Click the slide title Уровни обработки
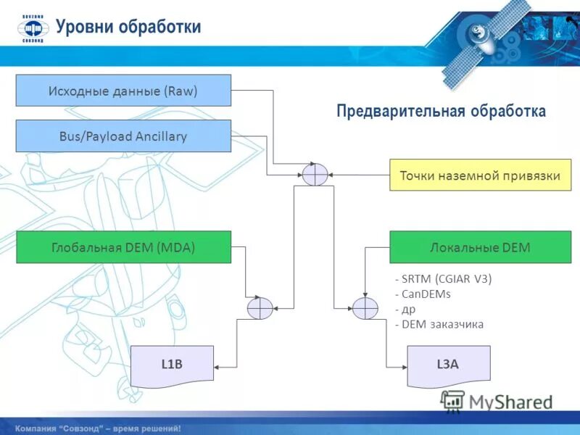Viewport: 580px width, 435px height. (x=128, y=27)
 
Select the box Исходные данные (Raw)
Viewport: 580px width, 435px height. (x=123, y=91)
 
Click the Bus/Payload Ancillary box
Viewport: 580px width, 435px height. (x=123, y=136)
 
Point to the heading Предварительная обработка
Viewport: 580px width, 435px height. (x=441, y=111)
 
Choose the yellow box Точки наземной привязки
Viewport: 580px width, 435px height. (x=480, y=175)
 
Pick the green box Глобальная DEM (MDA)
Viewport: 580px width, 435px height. (x=123, y=247)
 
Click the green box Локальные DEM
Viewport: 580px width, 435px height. (x=480, y=247)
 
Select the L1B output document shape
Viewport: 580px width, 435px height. (x=172, y=364)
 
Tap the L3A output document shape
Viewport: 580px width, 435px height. (x=448, y=365)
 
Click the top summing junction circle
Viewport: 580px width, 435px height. (x=315, y=175)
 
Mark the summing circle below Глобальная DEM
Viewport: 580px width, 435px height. (x=260, y=309)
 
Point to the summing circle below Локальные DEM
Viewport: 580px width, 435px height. (x=365, y=309)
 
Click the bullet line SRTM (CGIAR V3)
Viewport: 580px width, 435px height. (x=443, y=279)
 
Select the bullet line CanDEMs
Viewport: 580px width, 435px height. (x=423, y=294)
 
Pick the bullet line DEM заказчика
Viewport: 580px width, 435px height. (x=439, y=324)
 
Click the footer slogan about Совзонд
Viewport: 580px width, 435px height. (x=98, y=428)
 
